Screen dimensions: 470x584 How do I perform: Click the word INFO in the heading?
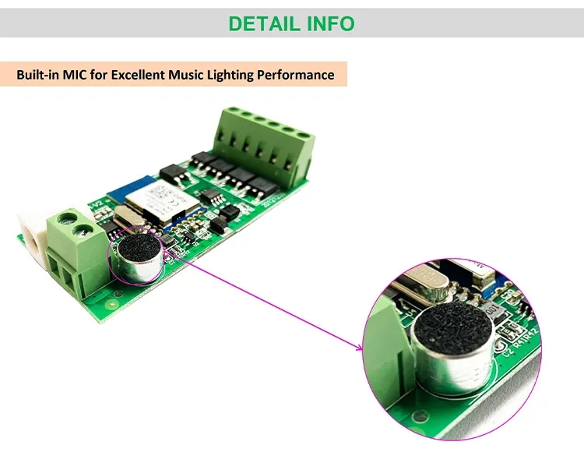tap(328, 23)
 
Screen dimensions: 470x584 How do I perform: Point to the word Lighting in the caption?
tap(231, 75)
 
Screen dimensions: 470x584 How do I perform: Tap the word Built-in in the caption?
tap(40, 75)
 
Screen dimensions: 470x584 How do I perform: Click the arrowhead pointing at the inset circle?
tap(360, 348)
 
